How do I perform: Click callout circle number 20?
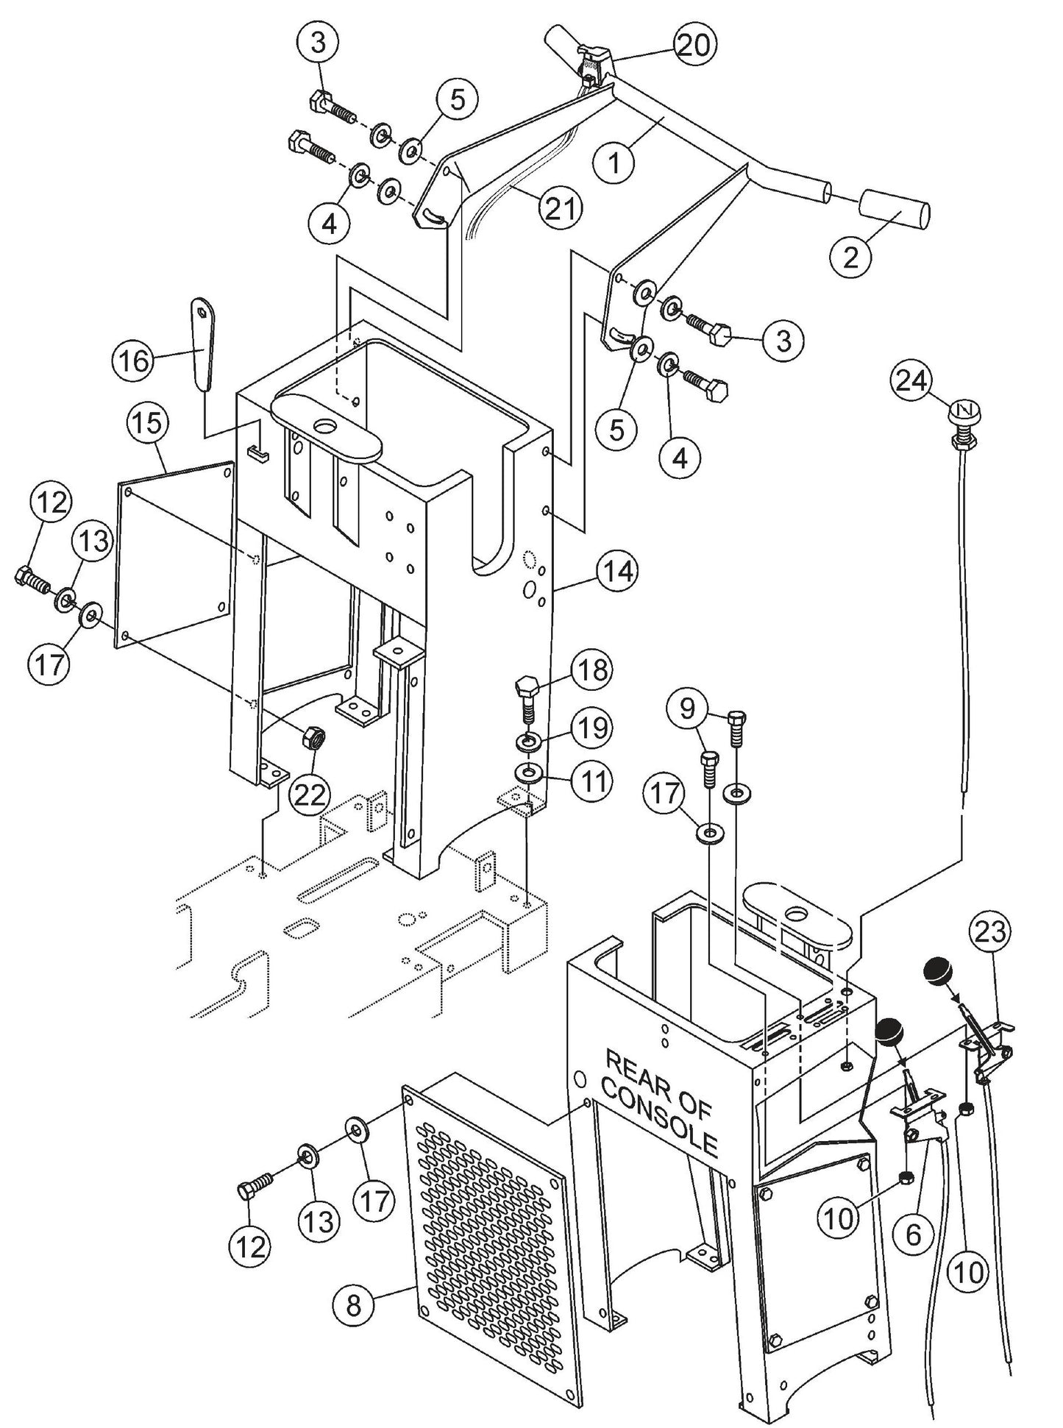click(694, 46)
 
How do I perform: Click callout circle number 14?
click(617, 571)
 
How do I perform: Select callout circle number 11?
click(591, 781)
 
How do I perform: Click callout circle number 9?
click(686, 709)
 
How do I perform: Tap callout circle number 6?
click(912, 1235)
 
